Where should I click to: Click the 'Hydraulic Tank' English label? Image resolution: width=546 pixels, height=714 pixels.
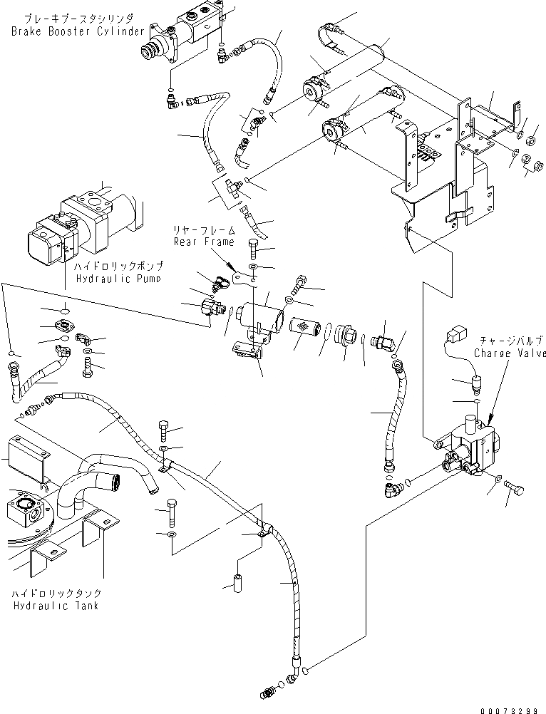click(x=56, y=606)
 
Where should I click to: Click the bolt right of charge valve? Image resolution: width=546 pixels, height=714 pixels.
click(x=515, y=490)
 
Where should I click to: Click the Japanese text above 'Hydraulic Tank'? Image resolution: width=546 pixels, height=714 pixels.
click(x=56, y=594)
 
